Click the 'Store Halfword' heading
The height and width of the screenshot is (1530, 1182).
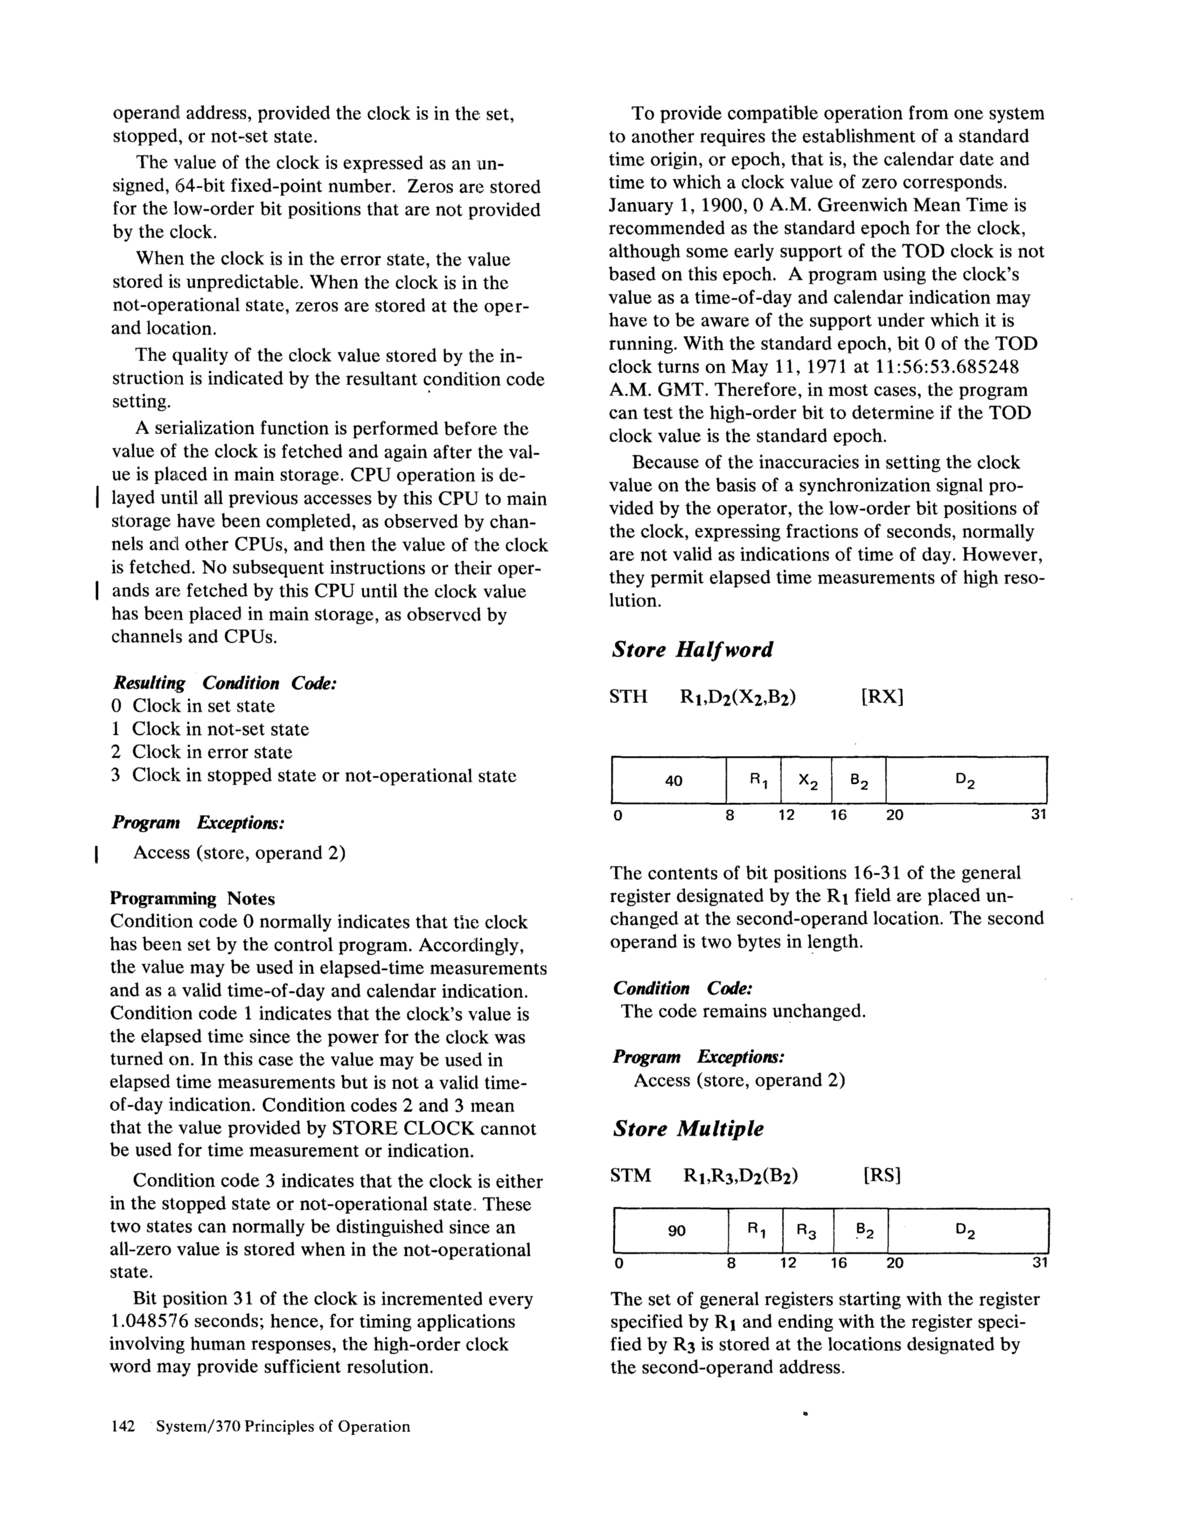tap(692, 649)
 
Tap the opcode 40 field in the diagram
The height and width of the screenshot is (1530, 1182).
tap(673, 781)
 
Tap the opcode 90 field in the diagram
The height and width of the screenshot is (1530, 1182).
tap(676, 1230)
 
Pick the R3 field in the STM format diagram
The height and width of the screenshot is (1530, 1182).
tap(807, 1231)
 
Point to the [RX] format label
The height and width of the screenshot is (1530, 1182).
tap(882, 697)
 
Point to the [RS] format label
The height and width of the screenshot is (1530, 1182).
tap(882, 1175)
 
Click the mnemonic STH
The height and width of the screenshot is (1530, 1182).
tap(629, 697)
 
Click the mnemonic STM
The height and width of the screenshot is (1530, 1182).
tap(631, 1175)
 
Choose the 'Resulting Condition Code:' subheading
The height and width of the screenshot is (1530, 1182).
tap(225, 683)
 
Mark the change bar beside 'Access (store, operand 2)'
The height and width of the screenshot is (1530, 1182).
tap(96, 853)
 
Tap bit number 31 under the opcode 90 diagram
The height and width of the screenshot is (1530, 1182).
tap(1038, 1263)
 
